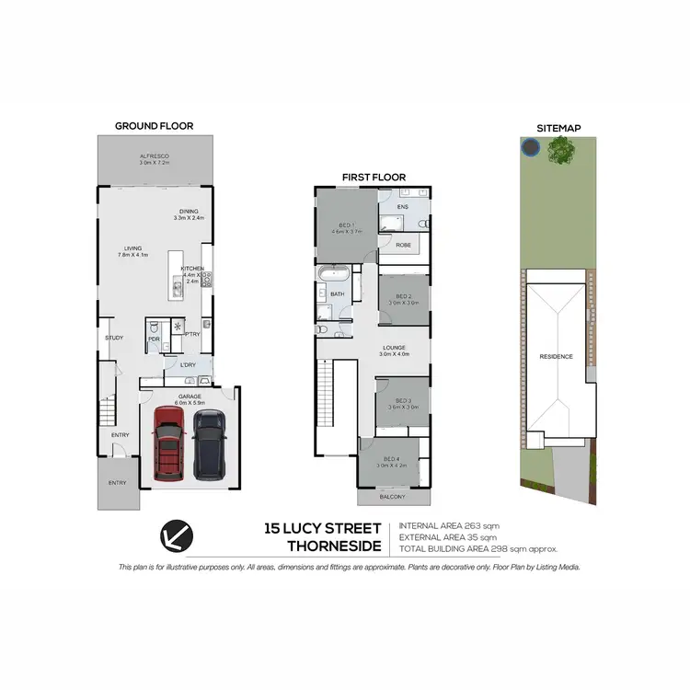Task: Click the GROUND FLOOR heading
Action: click(154, 126)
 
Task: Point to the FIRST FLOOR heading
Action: click(374, 178)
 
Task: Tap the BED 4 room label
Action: click(391, 459)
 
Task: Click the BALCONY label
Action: click(392, 497)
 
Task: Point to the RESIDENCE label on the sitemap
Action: click(556, 357)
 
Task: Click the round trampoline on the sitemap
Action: click(530, 147)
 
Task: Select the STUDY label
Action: click(114, 338)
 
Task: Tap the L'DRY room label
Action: click(188, 365)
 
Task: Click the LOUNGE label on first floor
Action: click(394, 348)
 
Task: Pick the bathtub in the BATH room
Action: click(332, 275)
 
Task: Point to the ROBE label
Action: click(403, 245)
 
